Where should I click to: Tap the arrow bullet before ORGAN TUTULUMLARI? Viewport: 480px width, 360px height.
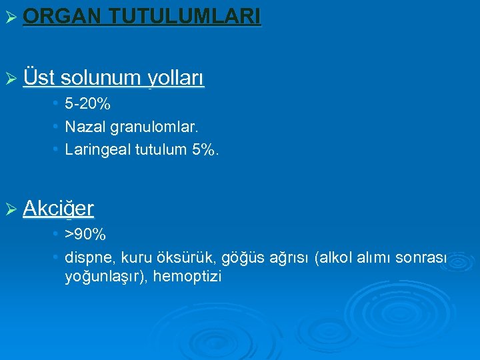(9, 17)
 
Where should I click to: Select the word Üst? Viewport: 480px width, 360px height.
(38, 78)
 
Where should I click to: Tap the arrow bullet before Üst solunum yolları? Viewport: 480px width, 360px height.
(9, 79)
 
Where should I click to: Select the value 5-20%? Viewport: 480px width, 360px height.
(87, 105)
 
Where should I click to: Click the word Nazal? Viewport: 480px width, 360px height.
(83, 127)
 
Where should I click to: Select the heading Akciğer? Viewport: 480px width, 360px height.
(58, 209)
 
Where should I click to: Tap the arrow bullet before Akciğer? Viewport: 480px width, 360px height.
(9, 210)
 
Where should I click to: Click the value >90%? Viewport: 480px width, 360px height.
(85, 235)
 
